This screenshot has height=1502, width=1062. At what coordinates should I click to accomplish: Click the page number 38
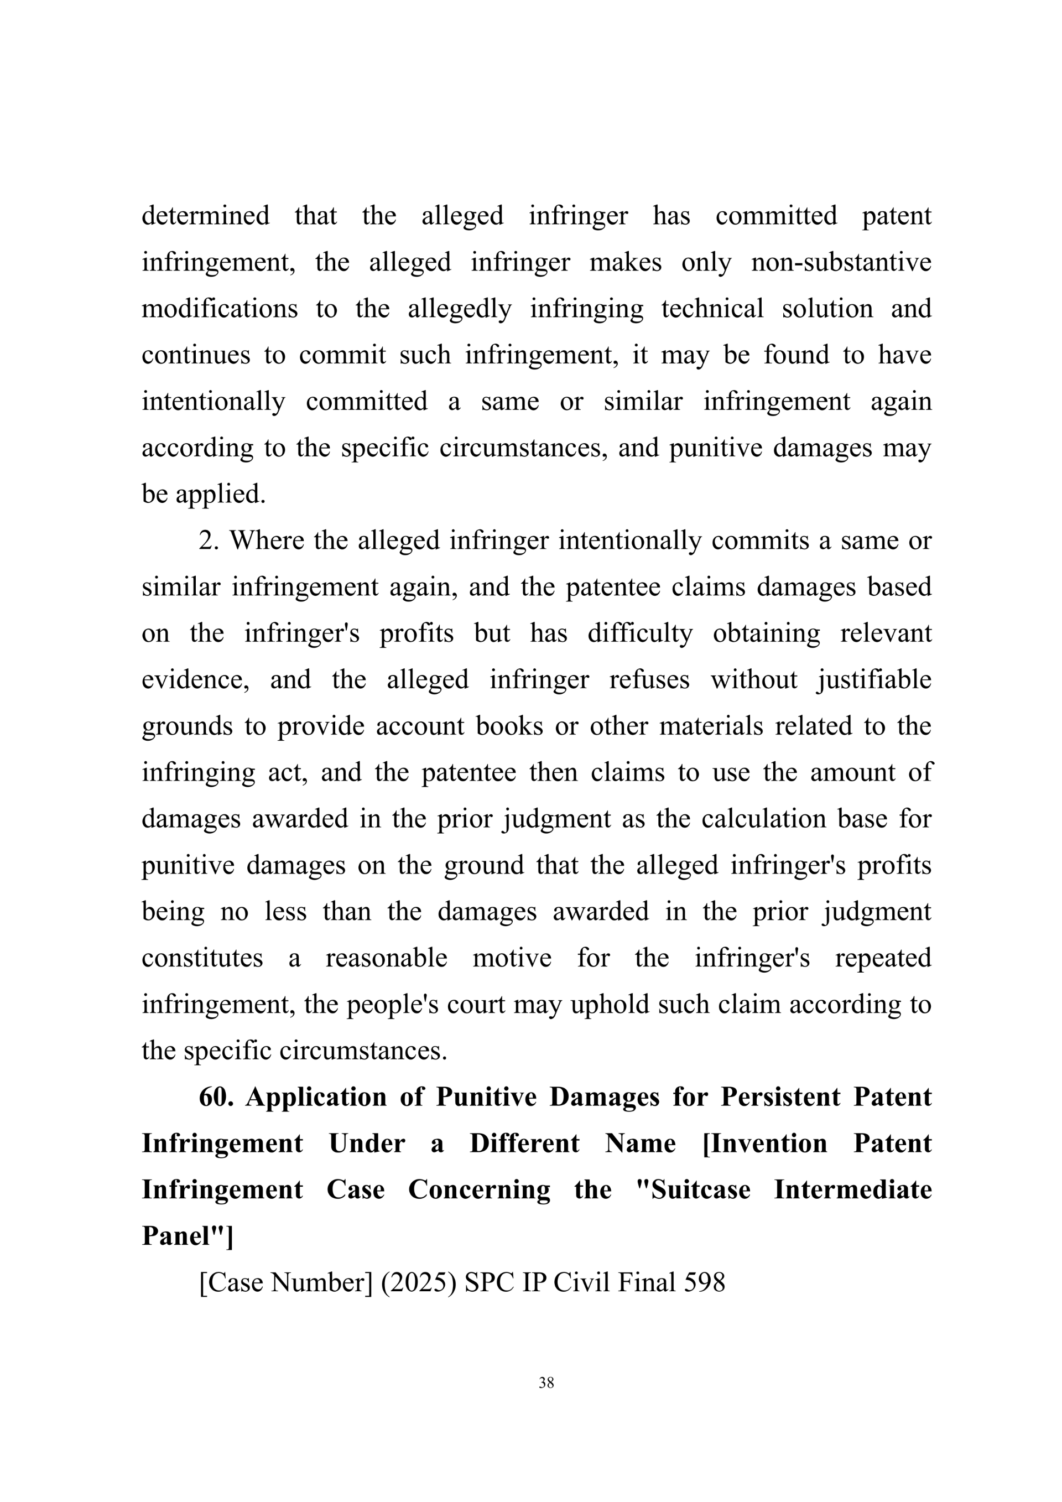[x=546, y=1383]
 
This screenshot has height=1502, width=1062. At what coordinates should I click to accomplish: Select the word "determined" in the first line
[x=205, y=215]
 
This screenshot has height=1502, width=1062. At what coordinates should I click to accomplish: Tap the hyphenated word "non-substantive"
[x=841, y=262]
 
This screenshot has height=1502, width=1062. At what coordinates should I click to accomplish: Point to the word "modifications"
[x=220, y=308]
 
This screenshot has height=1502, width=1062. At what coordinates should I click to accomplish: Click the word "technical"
[x=712, y=308]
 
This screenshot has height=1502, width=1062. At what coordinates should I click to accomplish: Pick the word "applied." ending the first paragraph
[x=221, y=495]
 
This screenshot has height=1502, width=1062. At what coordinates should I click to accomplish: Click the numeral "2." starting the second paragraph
[x=209, y=540]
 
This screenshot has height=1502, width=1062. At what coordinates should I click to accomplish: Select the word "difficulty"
[x=639, y=633]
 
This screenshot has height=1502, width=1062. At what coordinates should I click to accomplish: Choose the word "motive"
[x=512, y=958]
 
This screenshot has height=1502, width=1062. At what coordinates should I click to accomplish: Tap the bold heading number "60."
[x=216, y=1098]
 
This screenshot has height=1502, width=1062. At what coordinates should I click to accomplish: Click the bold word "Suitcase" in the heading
[x=700, y=1191]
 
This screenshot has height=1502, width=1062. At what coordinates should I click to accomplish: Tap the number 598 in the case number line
[x=704, y=1283]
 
